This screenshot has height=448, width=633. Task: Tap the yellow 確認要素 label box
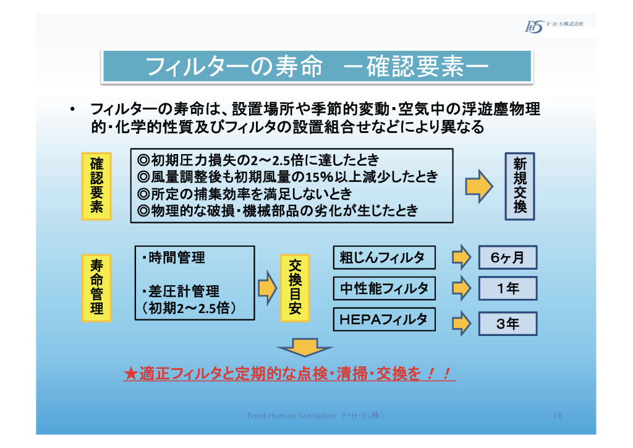pos(96,186)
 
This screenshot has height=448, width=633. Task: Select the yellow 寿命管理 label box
pos(96,287)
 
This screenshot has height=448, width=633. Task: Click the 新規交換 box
pos(519,186)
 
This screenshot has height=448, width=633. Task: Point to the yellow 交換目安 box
pos(295,287)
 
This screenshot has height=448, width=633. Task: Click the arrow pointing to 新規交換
pos(478,186)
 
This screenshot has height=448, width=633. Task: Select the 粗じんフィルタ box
pos(383,257)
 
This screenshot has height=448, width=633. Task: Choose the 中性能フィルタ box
pos(383,288)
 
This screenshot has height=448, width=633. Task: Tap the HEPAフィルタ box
pos(383,319)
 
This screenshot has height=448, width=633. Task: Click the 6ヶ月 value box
pos(508,257)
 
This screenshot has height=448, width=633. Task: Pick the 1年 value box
pos(508,288)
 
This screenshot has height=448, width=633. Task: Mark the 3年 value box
pos(508,324)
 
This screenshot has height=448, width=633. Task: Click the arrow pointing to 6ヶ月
pos(461,257)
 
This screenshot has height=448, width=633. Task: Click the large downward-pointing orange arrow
pos(304,347)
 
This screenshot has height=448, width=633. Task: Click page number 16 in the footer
pos(557,415)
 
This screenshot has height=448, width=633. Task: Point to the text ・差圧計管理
pos(180,291)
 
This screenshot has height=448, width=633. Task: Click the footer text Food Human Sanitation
pos(291,415)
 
